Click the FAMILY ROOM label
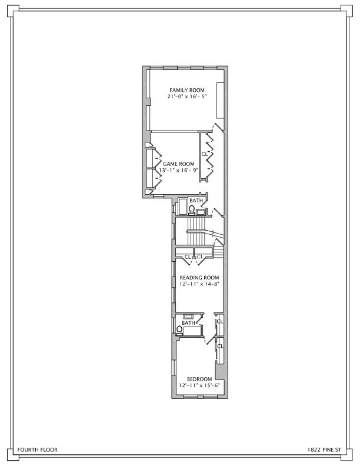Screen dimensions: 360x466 [187, 90]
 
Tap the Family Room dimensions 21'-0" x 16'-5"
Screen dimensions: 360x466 [187, 96]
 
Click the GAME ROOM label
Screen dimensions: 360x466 [178, 164]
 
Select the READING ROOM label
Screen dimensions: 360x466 [199, 278]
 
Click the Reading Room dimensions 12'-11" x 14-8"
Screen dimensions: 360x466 [199, 284]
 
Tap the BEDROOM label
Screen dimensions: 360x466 [199, 380]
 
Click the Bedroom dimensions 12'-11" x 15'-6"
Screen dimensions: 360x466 [199, 385]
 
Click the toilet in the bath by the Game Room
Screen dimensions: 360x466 [192, 210]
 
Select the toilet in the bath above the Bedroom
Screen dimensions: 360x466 [179, 331]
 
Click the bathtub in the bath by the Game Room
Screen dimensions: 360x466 [182, 207]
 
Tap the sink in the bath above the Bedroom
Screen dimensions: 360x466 [188, 317]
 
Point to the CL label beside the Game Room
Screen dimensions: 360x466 [205, 154]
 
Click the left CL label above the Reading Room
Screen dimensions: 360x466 [188, 257]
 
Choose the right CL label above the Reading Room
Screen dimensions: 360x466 [200, 257]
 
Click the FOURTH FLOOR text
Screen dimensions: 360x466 [38, 450]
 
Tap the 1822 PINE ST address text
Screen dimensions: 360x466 [324, 450]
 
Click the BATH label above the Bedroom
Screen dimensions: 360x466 [189, 323]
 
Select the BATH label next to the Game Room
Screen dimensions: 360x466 [196, 201]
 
